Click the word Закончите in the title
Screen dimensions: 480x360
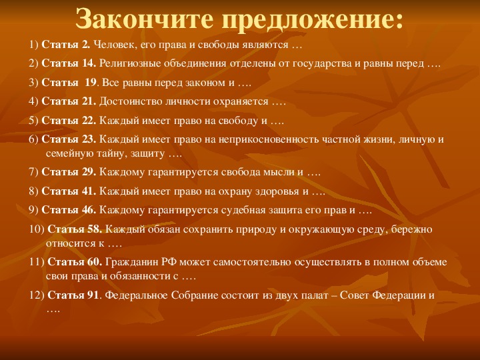click(x=145, y=19)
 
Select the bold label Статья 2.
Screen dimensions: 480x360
click(x=66, y=45)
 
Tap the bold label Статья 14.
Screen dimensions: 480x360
click(x=69, y=63)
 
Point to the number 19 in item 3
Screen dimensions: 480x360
click(x=91, y=83)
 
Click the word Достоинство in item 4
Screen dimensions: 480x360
click(x=131, y=101)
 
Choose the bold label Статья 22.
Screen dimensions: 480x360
click(x=69, y=120)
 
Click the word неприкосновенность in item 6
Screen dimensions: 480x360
click(x=269, y=139)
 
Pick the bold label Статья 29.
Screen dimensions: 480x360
click(x=69, y=172)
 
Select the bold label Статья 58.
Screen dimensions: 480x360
click(x=75, y=229)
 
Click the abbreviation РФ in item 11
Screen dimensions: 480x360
click(x=169, y=263)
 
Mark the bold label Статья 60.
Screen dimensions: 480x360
click(x=75, y=262)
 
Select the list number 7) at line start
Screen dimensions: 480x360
click(x=34, y=172)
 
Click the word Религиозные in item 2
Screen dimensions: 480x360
click(x=130, y=64)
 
